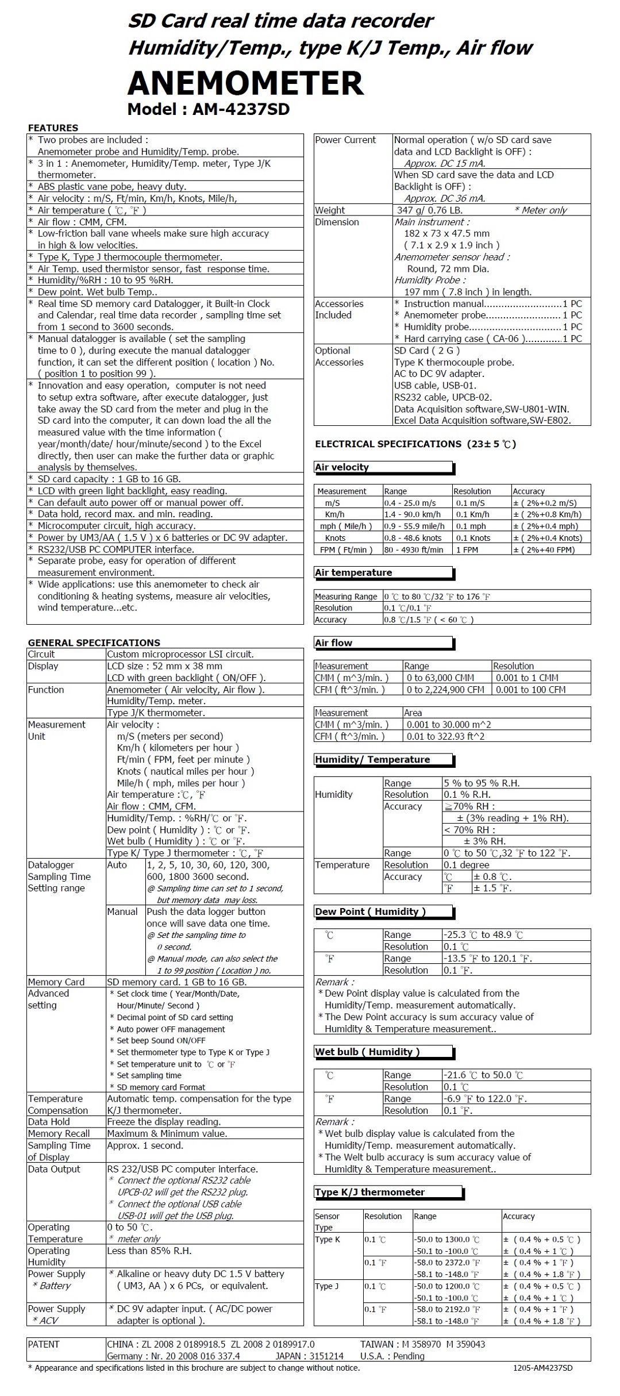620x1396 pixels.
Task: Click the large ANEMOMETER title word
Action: [x=245, y=83]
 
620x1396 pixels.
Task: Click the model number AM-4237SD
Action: [x=241, y=109]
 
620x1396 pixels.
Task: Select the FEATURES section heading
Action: [x=53, y=128]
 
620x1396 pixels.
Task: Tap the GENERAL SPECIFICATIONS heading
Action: [x=94, y=643]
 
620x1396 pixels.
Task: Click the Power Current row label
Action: [x=345, y=140]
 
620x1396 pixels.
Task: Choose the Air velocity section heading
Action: [x=342, y=467]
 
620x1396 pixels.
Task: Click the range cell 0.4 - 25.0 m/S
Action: [x=410, y=503]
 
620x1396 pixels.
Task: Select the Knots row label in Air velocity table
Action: [x=335, y=538]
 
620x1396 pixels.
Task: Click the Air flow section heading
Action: [x=334, y=643]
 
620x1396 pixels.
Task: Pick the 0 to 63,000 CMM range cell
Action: [x=440, y=678]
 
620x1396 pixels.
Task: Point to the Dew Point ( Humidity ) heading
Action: [x=370, y=912]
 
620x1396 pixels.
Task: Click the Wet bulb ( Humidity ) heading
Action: [x=367, y=1052]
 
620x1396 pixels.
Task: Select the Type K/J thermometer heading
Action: [x=369, y=1192]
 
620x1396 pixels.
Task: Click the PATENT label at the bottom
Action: [x=44, y=1344]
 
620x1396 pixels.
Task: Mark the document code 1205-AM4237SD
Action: [x=543, y=1368]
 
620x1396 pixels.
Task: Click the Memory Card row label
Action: [x=56, y=982]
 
